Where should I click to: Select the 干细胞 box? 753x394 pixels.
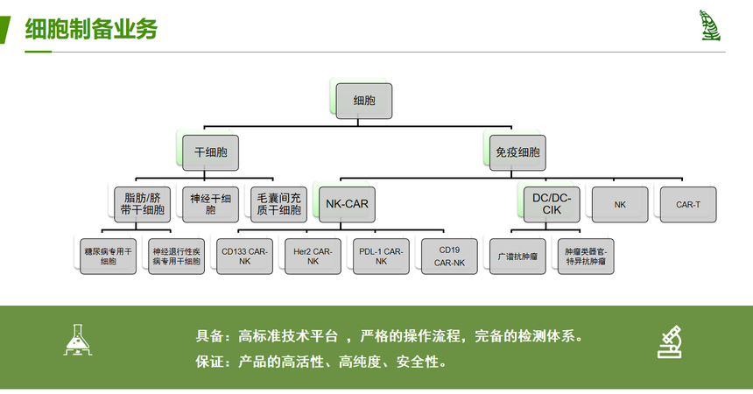(x=210, y=152)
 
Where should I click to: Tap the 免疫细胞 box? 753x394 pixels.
(x=518, y=152)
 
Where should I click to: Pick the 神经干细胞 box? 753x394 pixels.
(x=210, y=204)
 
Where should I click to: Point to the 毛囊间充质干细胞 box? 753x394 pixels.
(x=278, y=204)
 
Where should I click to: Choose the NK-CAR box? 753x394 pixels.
(x=347, y=204)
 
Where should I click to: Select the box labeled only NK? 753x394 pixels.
(x=620, y=204)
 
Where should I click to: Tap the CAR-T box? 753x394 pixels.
(x=688, y=204)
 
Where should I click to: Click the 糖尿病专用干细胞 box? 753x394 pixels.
(x=108, y=256)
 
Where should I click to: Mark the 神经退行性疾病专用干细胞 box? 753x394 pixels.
(x=176, y=256)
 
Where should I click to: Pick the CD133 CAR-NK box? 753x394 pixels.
(x=244, y=256)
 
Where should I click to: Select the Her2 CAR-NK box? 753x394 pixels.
(x=313, y=256)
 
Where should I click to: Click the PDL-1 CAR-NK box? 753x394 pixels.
(x=381, y=256)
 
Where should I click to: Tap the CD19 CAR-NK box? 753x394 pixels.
(x=449, y=256)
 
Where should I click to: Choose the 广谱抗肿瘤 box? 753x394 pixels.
(x=517, y=256)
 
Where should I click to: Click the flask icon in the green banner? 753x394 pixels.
(x=79, y=341)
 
